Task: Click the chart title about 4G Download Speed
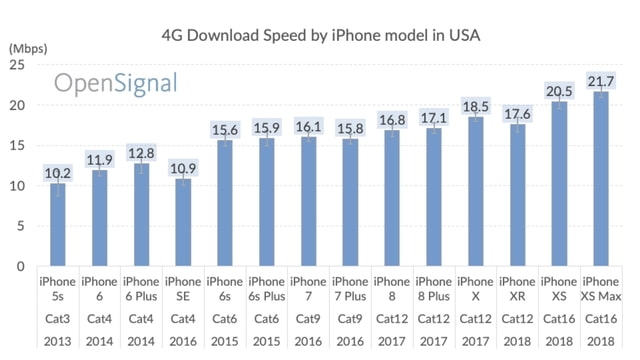[x=321, y=35]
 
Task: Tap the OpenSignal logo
[x=115, y=82]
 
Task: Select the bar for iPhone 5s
[x=58, y=225]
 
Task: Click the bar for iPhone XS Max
[x=600, y=180]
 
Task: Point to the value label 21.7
[x=600, y=80]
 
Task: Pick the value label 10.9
[x=183, y=168]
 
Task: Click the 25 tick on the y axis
[x=17, y=65]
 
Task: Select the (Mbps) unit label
[x=28, y=47]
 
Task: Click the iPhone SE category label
[x=183, y=289]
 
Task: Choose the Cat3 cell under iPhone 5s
[x=58, y=319]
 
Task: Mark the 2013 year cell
[x=58, y=342]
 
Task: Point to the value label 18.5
[x=475, y=107]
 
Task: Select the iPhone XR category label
[x=517, y=289]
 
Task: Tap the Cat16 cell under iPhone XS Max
[x=600, y=319]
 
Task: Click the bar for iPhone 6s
[x=225, y=204]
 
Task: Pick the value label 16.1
[x=308, y=126]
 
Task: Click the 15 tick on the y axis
[x=17, y=146]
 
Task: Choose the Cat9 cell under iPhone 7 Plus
[x=350, y=319]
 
